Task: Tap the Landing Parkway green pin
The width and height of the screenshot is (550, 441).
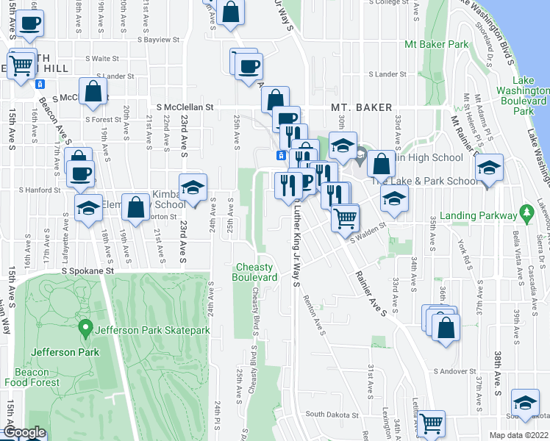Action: tap(525, 214)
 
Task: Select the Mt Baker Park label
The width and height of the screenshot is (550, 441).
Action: tap(437, 44)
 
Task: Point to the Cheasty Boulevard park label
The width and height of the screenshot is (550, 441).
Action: tap(255, 272)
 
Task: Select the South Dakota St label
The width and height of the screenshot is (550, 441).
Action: tap(331, 414)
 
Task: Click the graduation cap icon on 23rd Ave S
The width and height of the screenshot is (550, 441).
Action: tap(193, 188)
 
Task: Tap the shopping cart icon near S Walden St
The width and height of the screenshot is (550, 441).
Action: tap(345, 218)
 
